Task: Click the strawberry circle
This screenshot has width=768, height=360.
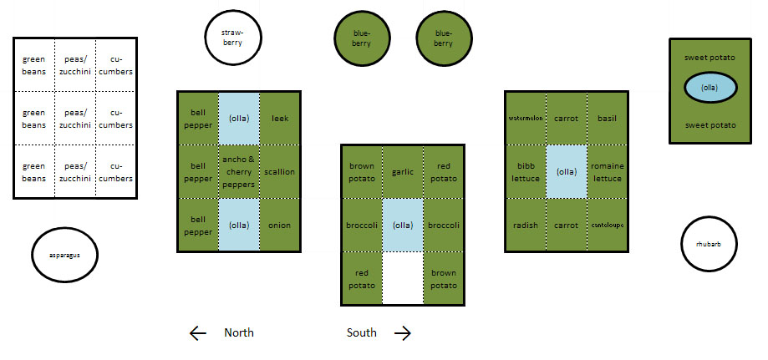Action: (x=233, y=38)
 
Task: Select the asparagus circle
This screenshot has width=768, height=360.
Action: (x=65, y=254)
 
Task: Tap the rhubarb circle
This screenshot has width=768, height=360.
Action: (x=708, y=245)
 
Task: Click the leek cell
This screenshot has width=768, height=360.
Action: (x=280, y=118)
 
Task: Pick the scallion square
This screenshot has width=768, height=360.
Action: (x=280, y=172)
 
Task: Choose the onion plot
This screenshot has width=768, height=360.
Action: (x=280, y=226)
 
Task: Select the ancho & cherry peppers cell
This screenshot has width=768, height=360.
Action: (x=239, y=172)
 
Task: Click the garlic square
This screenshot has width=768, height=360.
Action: (x=404, y=172)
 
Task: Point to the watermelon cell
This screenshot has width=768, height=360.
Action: (x=526, y=118)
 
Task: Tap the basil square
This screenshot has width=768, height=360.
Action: (x=607, y=118)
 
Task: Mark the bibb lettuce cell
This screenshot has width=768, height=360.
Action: (x=526, y=172)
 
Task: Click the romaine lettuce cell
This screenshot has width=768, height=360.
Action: (x=607, y=172)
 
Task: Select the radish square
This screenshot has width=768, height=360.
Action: (x=526, y=226)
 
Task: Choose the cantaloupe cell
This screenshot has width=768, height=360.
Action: (x=607, y=226)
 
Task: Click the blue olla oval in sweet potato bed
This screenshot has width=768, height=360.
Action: (x=710, y=88)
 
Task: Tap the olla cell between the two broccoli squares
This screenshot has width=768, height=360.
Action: (x=404, y=226)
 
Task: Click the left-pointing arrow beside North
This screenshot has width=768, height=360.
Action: (x=198, y=333)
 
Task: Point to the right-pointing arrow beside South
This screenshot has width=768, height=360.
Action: (x=403, y=333)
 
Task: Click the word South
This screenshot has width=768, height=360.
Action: (x=361, y=333)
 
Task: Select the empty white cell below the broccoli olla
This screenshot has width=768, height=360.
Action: (x=404, y=279)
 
